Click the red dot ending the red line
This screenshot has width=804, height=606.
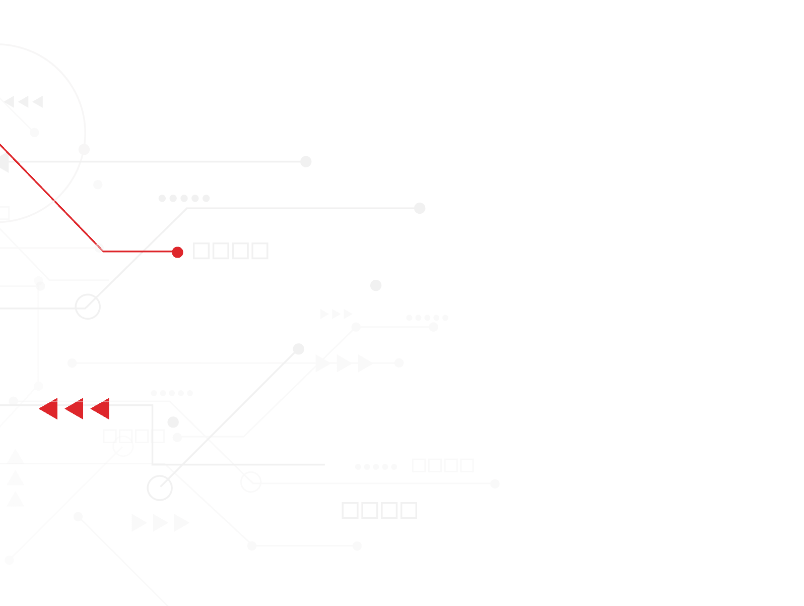[177, 252]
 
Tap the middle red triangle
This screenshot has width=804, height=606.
[75, 409]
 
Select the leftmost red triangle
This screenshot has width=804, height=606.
[49, 409]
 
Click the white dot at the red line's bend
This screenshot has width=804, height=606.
[99, 248]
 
